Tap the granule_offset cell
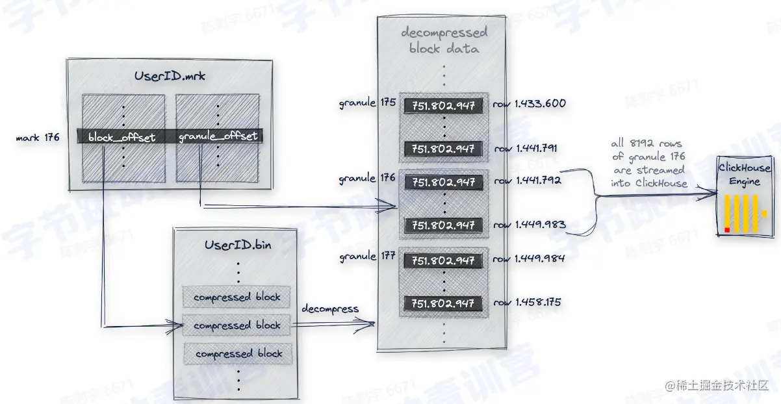coord(218,136)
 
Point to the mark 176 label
coord(38,137)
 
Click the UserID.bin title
coord(238,245)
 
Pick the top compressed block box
coord(237,297)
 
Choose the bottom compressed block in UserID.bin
coord(238,354)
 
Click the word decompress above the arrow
coord(330,309)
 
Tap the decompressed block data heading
coord(444,40)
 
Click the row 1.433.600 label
coord(529,103)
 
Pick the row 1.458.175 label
coord(527,302)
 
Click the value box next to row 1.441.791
coord(444,149)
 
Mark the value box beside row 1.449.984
coord(444,260)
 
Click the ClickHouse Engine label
coord(744,174)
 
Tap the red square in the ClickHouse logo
coord(727,229)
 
